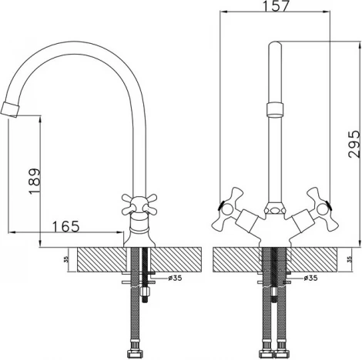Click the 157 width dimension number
276,5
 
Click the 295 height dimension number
354,144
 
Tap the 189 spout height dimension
35,182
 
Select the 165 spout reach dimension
66,226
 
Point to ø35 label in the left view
175,278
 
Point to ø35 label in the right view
310,278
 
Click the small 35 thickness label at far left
66,259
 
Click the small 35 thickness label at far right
349,259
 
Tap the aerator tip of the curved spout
10,109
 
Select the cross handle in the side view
139,205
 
